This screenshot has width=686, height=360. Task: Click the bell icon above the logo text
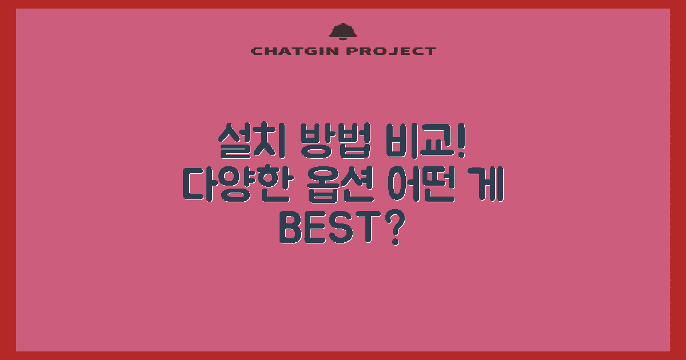pyautogui.click(x=343, y=31)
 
